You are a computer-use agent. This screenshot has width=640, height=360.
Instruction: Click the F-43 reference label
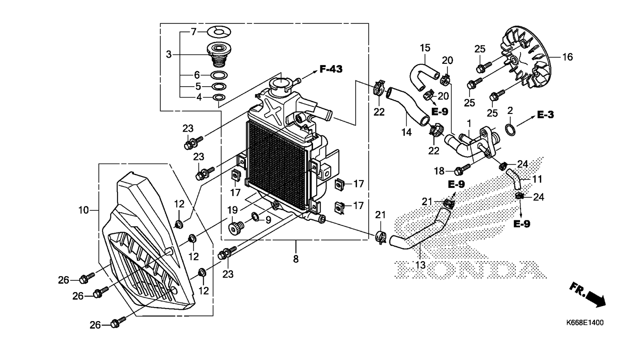click(x=331, y=69)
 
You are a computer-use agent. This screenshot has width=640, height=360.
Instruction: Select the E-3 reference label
click(x=545, y=115)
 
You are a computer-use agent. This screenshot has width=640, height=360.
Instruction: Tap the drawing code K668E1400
click(x=585, y=323)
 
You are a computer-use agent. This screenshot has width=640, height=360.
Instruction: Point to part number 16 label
click(x=567, y=57)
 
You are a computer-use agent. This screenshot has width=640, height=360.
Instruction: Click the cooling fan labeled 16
click(x=525, y=57)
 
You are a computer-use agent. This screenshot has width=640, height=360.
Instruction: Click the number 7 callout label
click(x=194, y=32)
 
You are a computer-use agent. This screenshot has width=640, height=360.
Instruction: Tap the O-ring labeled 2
click(x=511, y=130)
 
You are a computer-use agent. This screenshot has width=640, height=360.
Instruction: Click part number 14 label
click(x=407, y=132)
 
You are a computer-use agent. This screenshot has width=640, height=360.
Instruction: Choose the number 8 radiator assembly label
click(x=296, y=259)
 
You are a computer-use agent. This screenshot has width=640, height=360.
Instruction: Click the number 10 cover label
click(x=84, y=210)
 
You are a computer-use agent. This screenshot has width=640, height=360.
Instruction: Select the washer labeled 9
click(x=255, y=217)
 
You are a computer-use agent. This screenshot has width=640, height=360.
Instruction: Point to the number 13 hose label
click(x=420, y=265)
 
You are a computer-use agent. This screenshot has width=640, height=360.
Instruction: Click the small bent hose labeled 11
click(x=514, y=179)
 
